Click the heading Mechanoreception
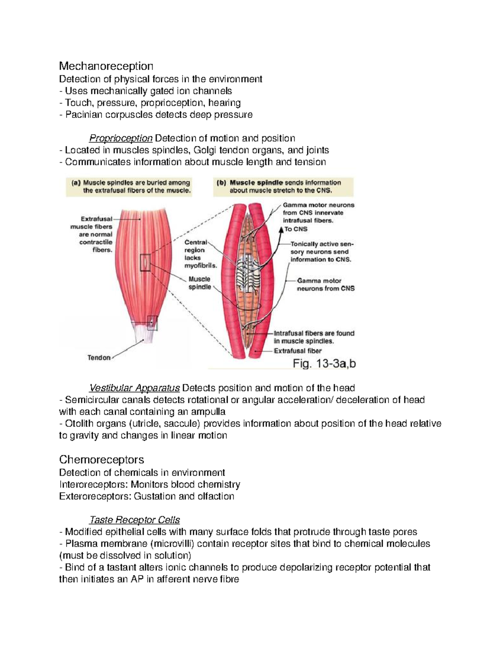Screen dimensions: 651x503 pyautogui.click(x=106, y=66)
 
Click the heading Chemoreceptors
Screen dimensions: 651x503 pyautogui.click(x=101, y=460)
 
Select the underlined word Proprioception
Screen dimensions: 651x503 pyautogui.click(x=121, y=138)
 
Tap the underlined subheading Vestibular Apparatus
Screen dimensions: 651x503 pyautogui.click(x=135, y=388)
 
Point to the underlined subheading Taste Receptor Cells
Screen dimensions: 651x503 pyautogui.click(x=135, y=520)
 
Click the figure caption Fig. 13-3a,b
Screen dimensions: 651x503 pyautogui.click(x=324, y=364)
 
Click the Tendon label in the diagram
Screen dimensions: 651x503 pyautogui.click(x=99, y=358)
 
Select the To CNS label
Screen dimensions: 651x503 pyautogui.click(x=296, y=229)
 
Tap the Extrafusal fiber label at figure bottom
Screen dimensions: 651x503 pyautogui.click(x=298, y=351)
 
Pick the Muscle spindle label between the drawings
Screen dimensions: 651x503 pyautogui.click(x=200, y=283)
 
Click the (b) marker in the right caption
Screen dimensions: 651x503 pyautogui.click(x=221, y=183)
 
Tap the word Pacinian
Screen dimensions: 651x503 pyautogui.click(x=82, y=115)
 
